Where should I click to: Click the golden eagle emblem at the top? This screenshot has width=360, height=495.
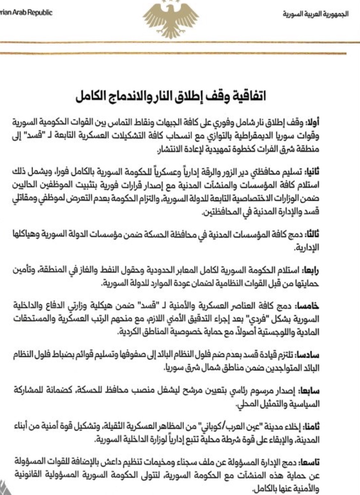coord(171,16)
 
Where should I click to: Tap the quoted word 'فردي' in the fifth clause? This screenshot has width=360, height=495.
coord(252,320)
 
